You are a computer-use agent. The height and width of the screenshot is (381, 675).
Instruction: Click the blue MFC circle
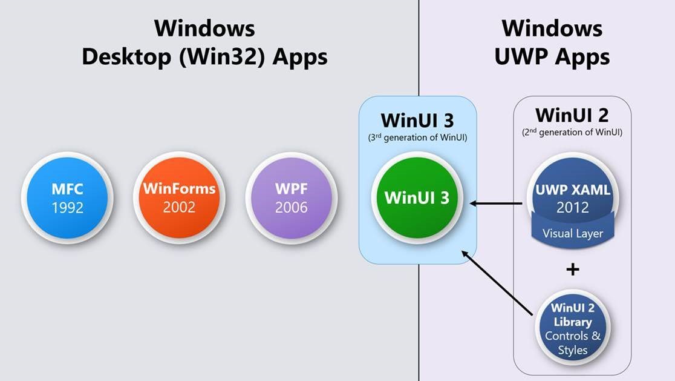click(67, 197)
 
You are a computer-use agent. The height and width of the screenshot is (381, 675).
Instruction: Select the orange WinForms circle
click(179, 197)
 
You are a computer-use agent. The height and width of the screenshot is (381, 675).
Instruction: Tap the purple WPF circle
click(291, 197)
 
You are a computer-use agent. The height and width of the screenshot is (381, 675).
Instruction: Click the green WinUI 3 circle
click(417, 197)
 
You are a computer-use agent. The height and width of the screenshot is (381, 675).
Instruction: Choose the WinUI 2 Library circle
click(572, 328)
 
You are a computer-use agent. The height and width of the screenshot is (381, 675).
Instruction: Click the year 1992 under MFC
click(67, 207)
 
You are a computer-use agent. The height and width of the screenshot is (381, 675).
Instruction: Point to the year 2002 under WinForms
click(179, 207)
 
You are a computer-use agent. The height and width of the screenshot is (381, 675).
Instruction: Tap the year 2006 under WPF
click(291, 207)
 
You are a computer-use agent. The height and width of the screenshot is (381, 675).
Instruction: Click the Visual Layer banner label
click(572, 233)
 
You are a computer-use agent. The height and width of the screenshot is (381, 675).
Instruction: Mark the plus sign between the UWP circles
click(572, 269)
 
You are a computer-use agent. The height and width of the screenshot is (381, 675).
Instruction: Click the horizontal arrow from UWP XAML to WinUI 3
click(496, 204)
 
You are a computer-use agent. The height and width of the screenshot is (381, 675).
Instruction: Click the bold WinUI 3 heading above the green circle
click(417, 120)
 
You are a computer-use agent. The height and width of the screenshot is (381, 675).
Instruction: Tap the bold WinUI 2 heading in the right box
click(572, 114)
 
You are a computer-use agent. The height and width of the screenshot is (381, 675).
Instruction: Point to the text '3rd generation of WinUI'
click(417, 137)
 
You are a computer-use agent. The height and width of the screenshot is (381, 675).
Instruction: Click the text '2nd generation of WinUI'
click(572, 132)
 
